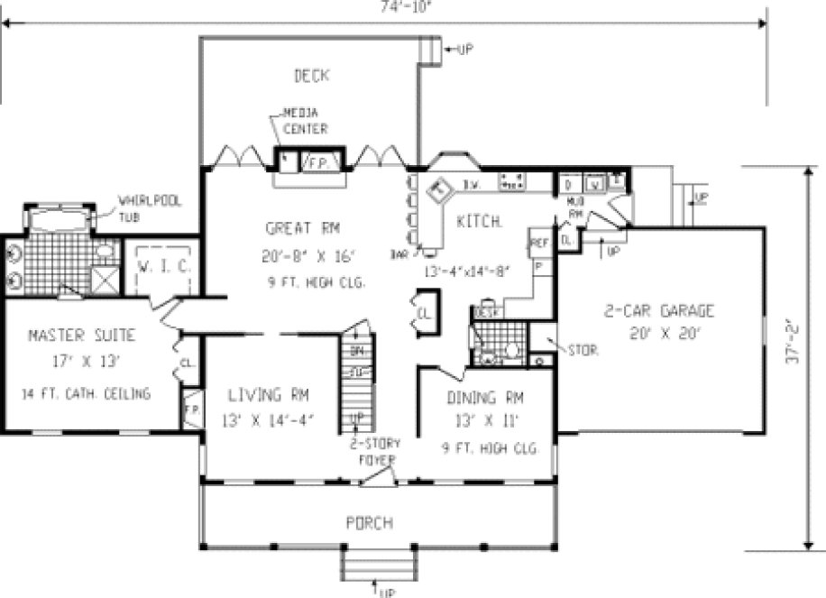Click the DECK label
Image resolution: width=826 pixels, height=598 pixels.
click(311, 76)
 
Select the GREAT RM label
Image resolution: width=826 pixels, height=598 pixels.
click(302, 226)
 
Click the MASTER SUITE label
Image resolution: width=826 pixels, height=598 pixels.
click(82, 336)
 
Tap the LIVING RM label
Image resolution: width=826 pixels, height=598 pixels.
click(268, 394)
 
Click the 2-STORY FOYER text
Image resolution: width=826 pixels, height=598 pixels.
click(377, 451)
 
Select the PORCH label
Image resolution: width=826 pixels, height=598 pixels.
click(370, 522)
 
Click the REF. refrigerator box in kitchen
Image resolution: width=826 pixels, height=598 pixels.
click(539, 244)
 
